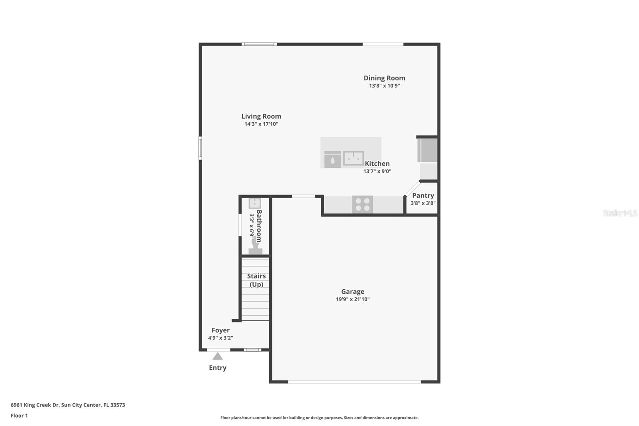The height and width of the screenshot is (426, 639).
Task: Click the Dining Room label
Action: pos(384,78)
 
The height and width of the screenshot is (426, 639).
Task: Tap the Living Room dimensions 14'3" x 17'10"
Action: pos(261,124)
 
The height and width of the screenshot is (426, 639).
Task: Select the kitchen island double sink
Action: pos(353,158)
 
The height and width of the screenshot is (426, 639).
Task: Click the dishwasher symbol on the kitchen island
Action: pos(332,159)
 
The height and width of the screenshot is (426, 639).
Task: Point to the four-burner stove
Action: pos(363,205)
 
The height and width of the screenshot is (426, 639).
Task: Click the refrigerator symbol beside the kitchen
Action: pos(427,150)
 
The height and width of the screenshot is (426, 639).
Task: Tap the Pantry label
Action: pos(423,195)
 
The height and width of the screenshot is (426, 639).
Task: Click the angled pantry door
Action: pos(412,188)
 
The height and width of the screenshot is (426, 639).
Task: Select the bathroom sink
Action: pos(255,203)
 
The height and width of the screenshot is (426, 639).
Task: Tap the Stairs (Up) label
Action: pos(256,280)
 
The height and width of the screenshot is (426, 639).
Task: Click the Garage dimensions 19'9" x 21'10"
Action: pos(353,299)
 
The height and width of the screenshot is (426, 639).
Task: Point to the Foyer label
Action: pos(220,330)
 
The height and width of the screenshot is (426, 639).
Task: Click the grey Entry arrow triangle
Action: pos(218,356)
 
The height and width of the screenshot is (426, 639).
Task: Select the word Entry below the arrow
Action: pos(218,368)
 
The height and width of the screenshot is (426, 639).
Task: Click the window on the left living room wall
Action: pos(200,148)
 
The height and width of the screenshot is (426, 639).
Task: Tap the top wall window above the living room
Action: pos(259,44)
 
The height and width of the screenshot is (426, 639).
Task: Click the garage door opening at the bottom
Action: pos(354,382)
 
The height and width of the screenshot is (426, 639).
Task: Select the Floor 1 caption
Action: pos(19,416)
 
